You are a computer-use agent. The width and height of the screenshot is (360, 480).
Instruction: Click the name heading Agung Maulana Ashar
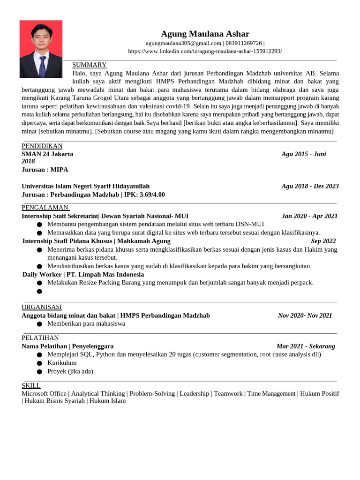pos(205,34)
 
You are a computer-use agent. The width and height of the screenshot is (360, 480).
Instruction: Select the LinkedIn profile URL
pos(205,51)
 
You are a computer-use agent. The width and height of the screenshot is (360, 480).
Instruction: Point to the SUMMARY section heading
pos(89,65)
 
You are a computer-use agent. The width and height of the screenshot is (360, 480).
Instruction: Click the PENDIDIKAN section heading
pos(42,146)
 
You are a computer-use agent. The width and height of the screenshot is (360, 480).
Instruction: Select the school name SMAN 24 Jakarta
pos(47,154)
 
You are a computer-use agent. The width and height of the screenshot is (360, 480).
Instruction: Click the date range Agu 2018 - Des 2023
pos(310,186)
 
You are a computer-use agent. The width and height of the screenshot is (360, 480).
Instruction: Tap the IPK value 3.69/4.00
pos(152,195)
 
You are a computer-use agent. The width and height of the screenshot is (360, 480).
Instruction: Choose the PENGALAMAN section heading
pos(45,208)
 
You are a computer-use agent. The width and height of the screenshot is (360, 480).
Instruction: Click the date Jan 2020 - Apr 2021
pos(309,216)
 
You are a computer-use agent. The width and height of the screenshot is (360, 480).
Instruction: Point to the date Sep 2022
pos(323,241)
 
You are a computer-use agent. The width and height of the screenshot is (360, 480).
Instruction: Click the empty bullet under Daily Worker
pos(39,291)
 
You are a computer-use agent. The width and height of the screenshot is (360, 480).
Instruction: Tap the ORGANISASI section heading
pos(42,307)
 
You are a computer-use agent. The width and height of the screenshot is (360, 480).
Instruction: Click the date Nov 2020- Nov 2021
pos(305,315)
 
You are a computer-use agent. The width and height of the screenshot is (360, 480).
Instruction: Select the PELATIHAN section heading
pos(40,337)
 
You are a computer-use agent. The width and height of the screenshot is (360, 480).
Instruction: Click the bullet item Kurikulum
pos(62,363)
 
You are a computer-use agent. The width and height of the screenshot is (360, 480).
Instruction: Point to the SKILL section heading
pos(31,385)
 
